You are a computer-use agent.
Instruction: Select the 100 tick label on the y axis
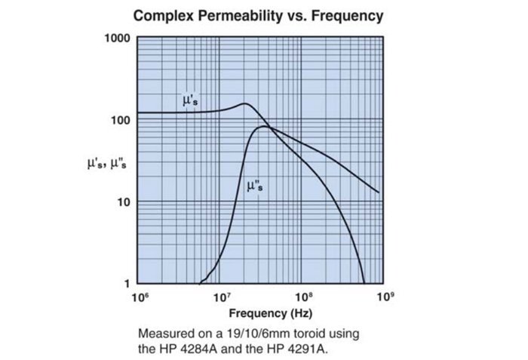click(x=120, y=121)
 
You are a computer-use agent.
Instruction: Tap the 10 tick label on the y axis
click(x=123, y=202)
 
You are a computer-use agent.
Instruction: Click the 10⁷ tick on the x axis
click(x=221, y=297)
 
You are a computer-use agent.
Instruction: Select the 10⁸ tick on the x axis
click(x=303, y=297)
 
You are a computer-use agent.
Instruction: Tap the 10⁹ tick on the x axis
click(x=385, y=297)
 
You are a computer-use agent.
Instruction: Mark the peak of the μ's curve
click(x=244, y=104)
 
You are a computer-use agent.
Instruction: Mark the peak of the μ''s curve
click(x=263, y=126)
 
